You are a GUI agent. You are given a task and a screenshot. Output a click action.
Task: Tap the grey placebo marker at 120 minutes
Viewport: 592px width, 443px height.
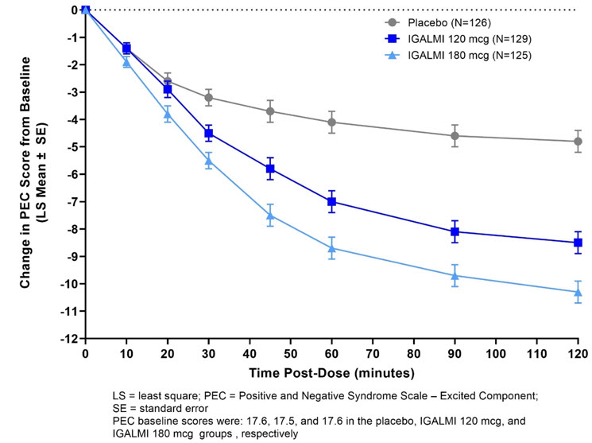578,142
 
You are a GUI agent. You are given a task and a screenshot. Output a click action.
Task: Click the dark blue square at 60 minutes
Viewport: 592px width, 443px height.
331,202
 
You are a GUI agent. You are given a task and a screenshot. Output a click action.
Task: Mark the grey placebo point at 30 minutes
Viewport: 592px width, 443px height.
208,98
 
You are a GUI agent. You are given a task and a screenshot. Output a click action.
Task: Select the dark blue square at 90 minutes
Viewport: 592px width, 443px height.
455,231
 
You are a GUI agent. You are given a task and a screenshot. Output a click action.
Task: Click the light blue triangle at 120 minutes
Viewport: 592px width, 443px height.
578,292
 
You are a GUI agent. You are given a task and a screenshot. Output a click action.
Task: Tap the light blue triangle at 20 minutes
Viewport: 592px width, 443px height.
168,115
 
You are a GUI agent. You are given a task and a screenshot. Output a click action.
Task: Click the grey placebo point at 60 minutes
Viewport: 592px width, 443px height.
331,122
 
